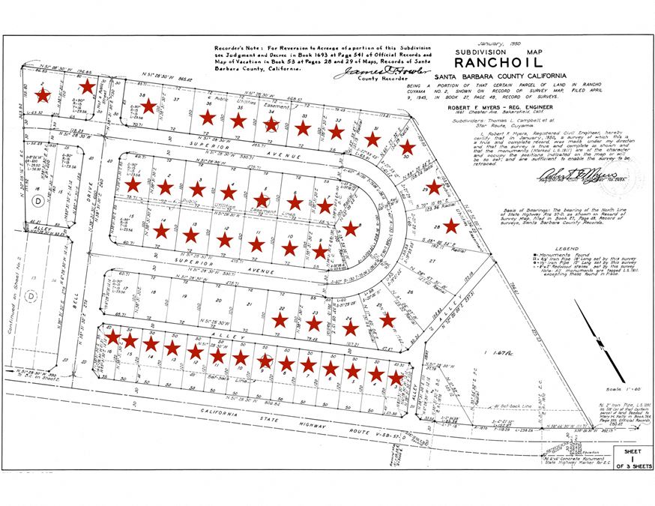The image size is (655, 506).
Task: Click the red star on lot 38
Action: (148, 106)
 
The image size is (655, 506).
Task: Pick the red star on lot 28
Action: (450, 226)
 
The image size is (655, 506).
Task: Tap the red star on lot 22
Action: (280, 320)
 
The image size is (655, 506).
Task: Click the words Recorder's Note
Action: (237, 46)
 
